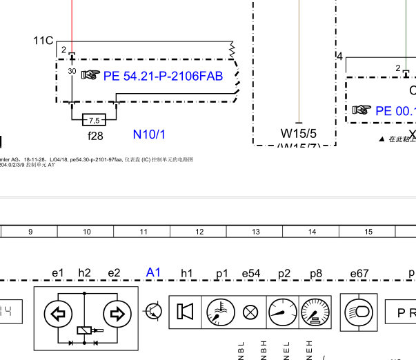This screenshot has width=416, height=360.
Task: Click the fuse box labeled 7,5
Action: click(x=94, y=119)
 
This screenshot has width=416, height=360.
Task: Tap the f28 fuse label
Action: click(x=95, y=135)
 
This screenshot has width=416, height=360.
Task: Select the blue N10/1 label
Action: click(x=149, y=134)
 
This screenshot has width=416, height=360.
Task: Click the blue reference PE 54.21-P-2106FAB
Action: click(x=163, y=76)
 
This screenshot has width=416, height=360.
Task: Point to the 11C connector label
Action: click(x=43, y=41)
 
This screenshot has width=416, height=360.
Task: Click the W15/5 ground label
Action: click(x=298, y=133)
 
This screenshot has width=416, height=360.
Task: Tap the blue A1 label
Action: click(x=153, y=272)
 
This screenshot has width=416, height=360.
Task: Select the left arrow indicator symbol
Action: click(x=59, y=314)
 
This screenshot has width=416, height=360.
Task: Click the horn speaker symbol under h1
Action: click(x=185, y=312)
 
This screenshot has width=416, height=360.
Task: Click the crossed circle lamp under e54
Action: click(x=251, y=312)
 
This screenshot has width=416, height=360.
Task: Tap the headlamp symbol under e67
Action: click(x=359, y=311)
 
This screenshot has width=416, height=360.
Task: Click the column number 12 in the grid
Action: click(x=199, y=232)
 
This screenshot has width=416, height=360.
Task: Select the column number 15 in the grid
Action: click(x=368, y=232)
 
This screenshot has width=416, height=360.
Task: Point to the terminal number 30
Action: click(x=72, y=71)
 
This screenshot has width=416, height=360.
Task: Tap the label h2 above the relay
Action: click(x=84, y=273)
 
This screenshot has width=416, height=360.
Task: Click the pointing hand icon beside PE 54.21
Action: click(x=90, y=75)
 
